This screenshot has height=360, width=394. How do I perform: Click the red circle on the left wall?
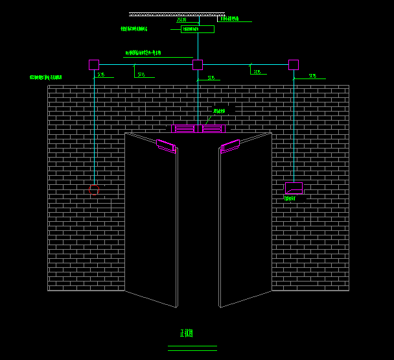point(94,189)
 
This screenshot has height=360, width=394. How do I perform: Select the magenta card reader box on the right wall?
point(294,188)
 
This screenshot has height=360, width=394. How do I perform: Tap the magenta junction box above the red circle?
point(94,65)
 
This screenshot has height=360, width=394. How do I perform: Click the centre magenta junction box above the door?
point(198,65)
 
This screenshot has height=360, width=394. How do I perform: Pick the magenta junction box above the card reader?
point(294,65)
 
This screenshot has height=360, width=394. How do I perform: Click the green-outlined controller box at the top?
point(197,29)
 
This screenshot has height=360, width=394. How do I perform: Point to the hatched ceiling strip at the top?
point(176,14)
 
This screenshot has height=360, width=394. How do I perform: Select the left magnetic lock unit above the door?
point(184,128)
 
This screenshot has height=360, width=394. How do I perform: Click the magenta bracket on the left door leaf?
point(167,146)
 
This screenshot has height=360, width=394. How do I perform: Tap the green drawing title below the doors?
point(187,333)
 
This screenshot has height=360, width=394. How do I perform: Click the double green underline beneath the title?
point(192,348)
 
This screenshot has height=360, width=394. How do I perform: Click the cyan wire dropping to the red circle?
point(95,130)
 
